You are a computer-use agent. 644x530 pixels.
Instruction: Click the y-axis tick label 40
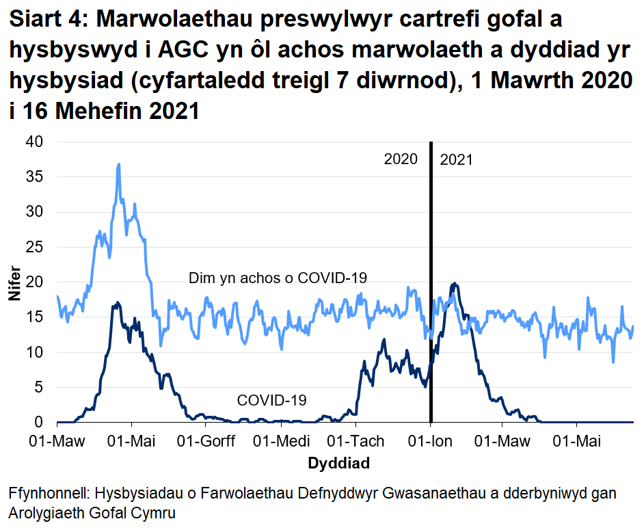coord(34,142)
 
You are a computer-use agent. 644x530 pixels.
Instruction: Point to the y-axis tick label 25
coord(34,247)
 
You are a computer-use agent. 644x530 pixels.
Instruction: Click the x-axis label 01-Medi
coord(281,442)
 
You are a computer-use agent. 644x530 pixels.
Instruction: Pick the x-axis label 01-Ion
coord(431,442)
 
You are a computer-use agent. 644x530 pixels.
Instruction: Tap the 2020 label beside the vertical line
coord(401,160)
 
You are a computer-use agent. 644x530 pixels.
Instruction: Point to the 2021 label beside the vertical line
coord(456,160)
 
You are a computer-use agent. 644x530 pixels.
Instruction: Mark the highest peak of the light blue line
coord(119,164)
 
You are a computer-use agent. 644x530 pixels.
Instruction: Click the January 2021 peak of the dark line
coord(453,284)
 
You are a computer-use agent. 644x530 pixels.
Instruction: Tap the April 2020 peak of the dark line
coord(118,302)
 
